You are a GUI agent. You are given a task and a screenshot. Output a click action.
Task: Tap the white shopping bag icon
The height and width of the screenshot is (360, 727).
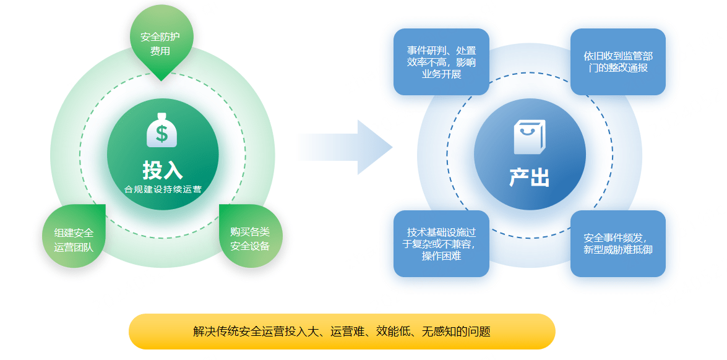click(530, 137)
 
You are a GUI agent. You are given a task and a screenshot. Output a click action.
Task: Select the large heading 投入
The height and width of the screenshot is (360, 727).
click(162, 170)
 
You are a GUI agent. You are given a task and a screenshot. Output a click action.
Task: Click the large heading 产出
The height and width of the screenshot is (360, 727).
click(530, 178)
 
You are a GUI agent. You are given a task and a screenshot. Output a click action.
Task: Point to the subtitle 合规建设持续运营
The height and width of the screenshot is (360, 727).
click(162, 189)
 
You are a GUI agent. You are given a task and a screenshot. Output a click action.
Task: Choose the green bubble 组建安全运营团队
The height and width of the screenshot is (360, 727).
click(74, 236)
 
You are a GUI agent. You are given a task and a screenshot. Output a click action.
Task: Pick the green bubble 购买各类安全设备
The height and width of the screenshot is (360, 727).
click(251, 236)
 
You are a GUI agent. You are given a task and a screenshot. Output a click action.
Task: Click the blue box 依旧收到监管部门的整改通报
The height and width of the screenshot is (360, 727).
click(617, 62)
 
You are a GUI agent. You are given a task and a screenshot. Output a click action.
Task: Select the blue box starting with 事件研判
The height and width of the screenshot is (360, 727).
click(441, 62)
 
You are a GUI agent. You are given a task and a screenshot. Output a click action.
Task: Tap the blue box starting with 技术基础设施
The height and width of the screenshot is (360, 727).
click(441, 244)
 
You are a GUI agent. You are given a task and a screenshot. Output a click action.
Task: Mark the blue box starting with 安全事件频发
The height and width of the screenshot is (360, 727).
click(617, 244)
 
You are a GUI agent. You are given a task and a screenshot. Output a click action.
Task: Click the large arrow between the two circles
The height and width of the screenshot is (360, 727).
click(345, 147)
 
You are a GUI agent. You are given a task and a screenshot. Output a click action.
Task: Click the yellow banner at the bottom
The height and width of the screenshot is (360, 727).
click(342, 332)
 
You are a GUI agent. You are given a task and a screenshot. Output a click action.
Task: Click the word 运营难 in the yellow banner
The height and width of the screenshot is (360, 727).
click(347, 332)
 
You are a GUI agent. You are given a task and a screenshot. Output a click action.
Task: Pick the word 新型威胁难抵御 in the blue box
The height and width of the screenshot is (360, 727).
click(618, 250)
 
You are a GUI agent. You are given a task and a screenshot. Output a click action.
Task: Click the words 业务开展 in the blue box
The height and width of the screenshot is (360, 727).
click(441, 74)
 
